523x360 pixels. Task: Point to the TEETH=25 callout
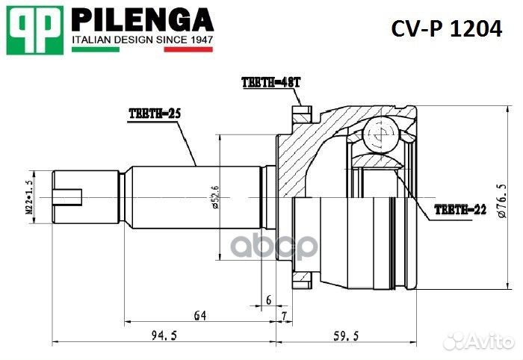[155, 113]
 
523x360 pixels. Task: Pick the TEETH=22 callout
[461, 210]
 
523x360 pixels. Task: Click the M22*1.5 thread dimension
[31, 197]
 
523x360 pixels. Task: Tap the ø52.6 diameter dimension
[215, 197]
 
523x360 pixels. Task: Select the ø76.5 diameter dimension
[501, 199]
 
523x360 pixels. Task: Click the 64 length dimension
[199, 316]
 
